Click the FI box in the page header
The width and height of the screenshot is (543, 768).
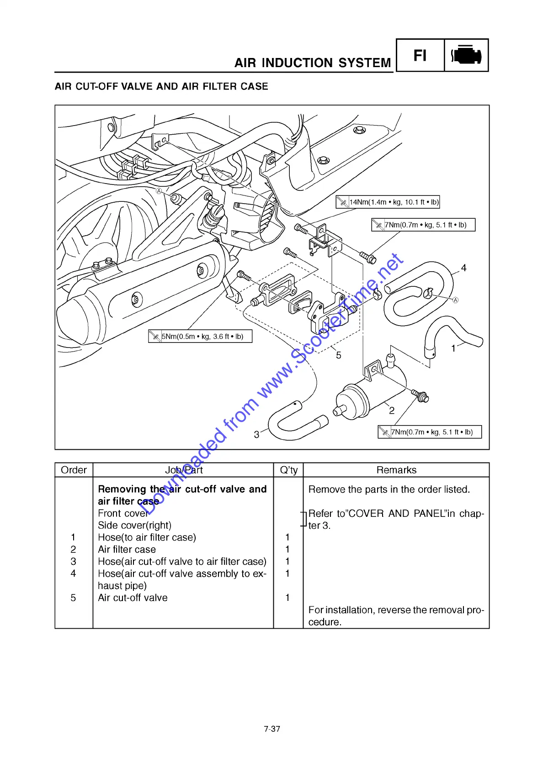pyautogui.click(x=420, y=55)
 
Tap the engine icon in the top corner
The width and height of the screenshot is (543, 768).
pyautogui.click(x=466, y=55)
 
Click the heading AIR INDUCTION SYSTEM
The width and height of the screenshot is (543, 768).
pyautogui.click(x=313, y=63)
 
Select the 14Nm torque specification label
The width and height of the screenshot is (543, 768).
pyautogui.click(x=388, y=202)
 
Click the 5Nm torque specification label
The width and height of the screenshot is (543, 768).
pyautogui.click(x=200, y=337)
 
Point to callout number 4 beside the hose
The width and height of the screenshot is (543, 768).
pyautogui.click(x=463, y=268)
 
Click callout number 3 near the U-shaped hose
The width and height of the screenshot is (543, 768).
pyautogui.click(x=256, y=434)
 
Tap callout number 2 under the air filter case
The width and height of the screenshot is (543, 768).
pyautogui.click(x=392, y=410)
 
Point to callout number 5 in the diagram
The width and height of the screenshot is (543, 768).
pyautogui.click(x=338, y=355)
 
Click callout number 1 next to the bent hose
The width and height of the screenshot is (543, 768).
pyautogui.click(x=453, y=348)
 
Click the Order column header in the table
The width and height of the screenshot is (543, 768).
pyautogui.click(x=74, y=470)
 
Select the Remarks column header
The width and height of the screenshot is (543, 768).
pyautogui.click(x=396, y=470)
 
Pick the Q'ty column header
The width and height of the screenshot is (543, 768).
pyautogui.click(x=288, y=470)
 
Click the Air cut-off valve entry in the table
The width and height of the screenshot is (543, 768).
pyautogui.click(x=133, y=598)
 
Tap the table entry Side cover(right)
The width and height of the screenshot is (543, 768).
pyautogui.click(x=134, y=525)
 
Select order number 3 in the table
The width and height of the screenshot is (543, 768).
pyautogui.click(x=73, y=562)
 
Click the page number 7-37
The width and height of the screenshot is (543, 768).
pyautogui.click(x=272, y=729)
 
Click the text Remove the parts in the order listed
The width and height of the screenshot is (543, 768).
pyautogui.click(x=389, y=489)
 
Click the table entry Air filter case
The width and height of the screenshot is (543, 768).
pyautogui.click(x=127, y=549)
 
